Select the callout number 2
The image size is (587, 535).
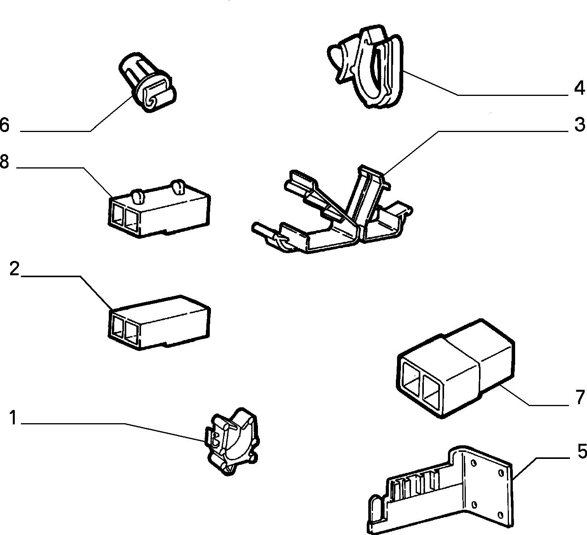coord(14,269)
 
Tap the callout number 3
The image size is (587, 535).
coord(579,124)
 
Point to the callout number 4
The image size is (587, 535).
coord(579,88)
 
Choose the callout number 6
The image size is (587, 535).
coord(5,125)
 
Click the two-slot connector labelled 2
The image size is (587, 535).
coord(160,322)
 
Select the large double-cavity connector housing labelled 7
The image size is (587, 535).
coord(455,368)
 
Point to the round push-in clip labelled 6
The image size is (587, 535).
coord(148,82)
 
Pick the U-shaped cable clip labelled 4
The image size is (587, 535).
coord(366,67)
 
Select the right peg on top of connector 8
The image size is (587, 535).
coord(178,186)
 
